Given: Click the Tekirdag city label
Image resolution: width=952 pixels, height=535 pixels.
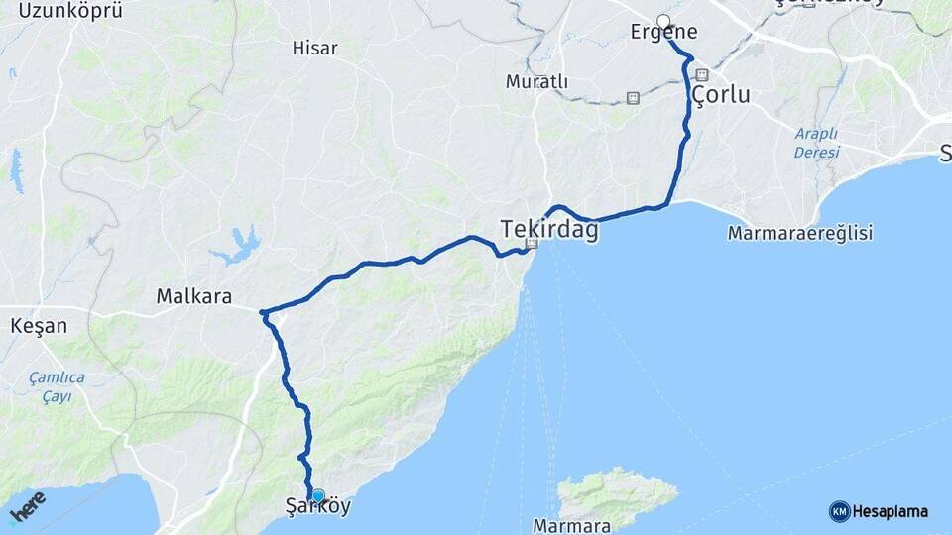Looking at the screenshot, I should pyautogui.click(x=549, y=229).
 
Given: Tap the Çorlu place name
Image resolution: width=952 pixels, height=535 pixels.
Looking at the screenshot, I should pyautogui.click(x=720, y=96).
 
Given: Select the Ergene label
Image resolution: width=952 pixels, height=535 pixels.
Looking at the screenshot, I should pyautogui.click(x=663, y=33).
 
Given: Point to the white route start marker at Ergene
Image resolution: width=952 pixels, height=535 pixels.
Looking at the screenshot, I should pyautogui.click(x=663, y=21).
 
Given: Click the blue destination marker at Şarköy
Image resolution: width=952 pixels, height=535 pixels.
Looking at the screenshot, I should pyautogui.click(x=317, y=496).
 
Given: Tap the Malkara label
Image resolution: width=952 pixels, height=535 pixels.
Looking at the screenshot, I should pyautogui.click(x=194, y=295).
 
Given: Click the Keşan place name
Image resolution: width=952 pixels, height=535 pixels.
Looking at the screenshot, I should pyautogui.click(x=38, y=325).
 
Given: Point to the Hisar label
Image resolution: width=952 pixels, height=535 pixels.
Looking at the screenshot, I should pyautogui.click(x=315, y=48).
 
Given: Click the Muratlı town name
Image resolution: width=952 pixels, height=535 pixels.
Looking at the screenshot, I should pyautogui.click(x=536, y=81).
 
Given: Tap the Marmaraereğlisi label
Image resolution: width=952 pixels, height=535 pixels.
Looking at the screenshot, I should pyautogui.click(x=799, y=234).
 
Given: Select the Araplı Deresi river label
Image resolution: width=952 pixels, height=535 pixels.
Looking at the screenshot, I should pyautogui.click(x=816, y=143).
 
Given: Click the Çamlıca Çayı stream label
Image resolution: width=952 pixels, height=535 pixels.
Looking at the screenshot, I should pyautogui.click(x=57, y=386).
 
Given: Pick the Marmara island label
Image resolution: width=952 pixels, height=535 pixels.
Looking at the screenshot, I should pyautogui.click(x=564, y=523).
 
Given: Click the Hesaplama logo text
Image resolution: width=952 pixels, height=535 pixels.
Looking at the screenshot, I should pyautogui.click(x=891, y=512).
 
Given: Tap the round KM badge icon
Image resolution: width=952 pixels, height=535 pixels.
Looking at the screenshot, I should pyautogui.click(x=839, y=511).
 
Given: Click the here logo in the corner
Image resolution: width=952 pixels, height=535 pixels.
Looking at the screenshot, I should pyautogui.click(x=27, y=509).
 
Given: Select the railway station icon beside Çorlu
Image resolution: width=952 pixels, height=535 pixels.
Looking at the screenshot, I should pyautogui.click(x=702, y=75).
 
